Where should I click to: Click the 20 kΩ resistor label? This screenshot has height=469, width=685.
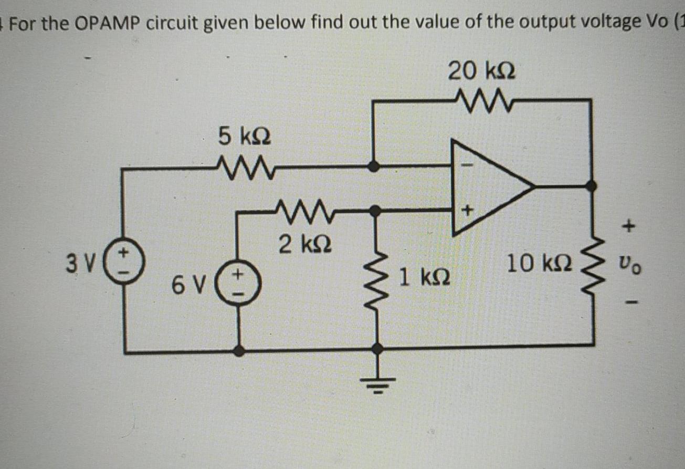tap(481, 70)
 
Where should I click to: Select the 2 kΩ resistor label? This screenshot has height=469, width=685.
tap(304, 244)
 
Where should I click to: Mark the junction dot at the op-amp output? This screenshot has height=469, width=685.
tap(592, 185)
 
